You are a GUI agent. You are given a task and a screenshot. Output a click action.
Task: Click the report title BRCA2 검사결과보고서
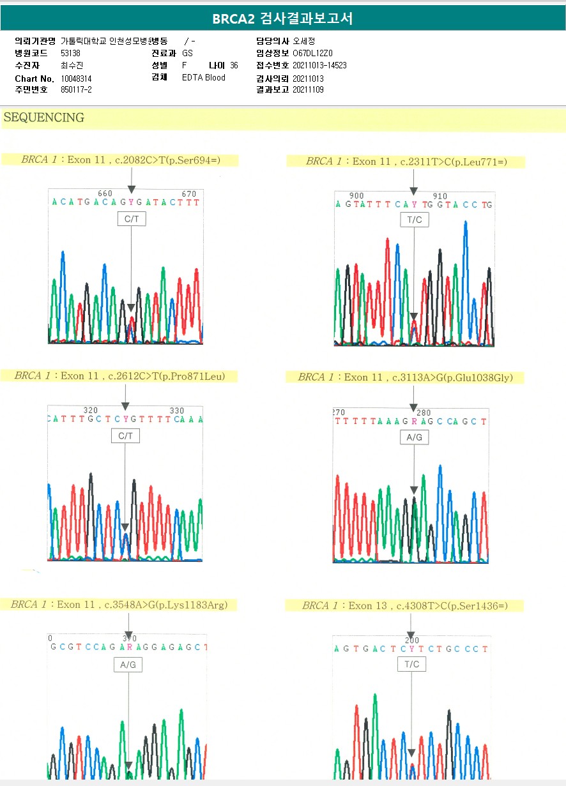(x=282, y=19)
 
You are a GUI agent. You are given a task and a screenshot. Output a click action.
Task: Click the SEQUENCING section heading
(x=44, y=117)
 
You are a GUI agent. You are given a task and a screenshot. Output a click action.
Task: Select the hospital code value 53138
(x=70, y=54)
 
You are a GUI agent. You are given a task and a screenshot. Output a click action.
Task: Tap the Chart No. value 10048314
(x=77, y=78)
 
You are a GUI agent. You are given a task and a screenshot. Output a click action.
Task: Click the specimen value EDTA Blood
(x=204, y=78)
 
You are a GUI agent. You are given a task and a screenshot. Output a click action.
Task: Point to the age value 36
(x=234, y=66)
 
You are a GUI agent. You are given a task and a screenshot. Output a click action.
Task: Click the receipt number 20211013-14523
(x=319, y=66)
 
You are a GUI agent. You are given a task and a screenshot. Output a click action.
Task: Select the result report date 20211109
(x=308, y=90)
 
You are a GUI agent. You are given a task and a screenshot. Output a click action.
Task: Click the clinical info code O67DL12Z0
(x=313, y=54)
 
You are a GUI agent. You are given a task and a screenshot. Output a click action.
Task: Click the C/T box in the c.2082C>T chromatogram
(x=131, y=219)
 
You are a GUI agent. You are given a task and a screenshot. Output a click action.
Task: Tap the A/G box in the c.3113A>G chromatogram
(x=415, y=437)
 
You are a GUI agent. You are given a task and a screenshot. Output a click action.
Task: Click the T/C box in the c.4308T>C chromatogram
(x=412, y=664)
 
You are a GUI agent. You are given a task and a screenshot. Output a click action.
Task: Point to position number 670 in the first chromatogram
(x=189, y=193)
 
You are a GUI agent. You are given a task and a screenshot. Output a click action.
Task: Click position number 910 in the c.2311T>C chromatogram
(x=440, y=196)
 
